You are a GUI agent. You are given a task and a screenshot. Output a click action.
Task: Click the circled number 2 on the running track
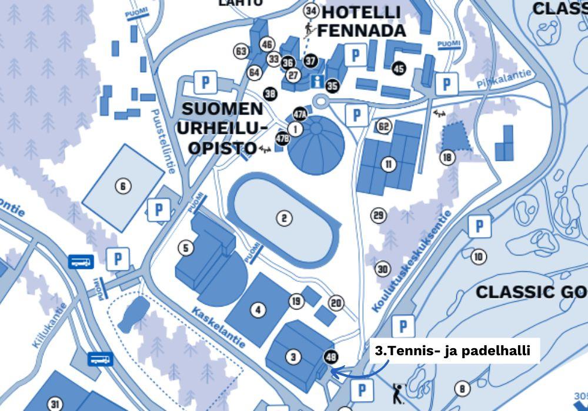pyautogui.click(x=284, y=218)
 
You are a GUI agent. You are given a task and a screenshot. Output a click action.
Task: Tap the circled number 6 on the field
pyautogui.click(x=122, y=187)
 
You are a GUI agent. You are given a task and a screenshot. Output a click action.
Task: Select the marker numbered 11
pyautogui.click(x=388, y=164)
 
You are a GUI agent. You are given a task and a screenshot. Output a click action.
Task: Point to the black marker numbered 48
pyautogui.click(x=330, y=356)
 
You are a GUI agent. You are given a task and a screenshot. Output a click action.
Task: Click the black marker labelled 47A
pyautogui.click(x=300, y=114)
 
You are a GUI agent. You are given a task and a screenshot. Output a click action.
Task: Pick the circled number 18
pyautogui.click(x=447, y=157)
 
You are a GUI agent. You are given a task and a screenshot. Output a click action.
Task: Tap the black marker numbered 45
pyautogui.click(x=399, y=69)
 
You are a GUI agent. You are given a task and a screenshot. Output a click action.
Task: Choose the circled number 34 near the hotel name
pyautogui.click(x=311, y=11)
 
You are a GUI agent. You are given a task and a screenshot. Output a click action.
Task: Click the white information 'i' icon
pyautogui.click(x=318, y=81)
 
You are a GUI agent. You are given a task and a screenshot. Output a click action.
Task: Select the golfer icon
pyautogui.click(x=397, y=393)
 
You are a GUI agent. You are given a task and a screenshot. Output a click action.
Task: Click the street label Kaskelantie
pyautogui.click(x=219, y=326)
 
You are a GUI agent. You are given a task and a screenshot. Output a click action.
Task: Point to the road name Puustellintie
pyautogui.click(x=163, y=141)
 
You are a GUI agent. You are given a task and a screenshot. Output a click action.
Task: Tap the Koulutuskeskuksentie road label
pyautogui.click(x=412, y=261)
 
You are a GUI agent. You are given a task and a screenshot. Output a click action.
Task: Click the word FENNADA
pyautogui.click(x=361, y=31)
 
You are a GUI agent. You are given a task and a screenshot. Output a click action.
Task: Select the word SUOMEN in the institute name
pyautogui.click(x=222, y=109)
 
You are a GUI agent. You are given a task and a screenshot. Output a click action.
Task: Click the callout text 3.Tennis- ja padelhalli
pyautogui.click(x=453, y=351)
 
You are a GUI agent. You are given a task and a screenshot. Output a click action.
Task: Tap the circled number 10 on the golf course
pyautogui.click(x=479, y=256)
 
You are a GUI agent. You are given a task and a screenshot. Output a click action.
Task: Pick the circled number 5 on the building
pyautogui.click(x=186, y=248)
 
